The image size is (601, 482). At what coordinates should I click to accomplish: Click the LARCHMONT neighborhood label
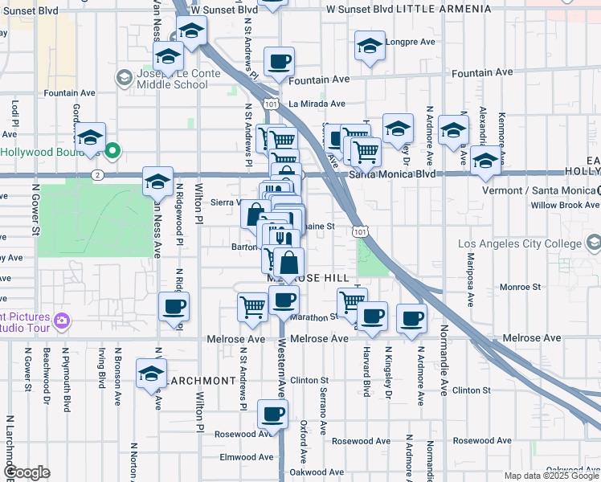[x=196, y=380]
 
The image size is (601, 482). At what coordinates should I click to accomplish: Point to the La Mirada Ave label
[x=317, y=104]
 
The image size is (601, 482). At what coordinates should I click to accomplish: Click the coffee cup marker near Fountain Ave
[x=279, y=62]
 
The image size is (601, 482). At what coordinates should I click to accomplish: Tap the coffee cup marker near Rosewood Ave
[x=272, y=415]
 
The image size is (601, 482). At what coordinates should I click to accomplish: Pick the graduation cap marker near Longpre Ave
[x=369, y=46]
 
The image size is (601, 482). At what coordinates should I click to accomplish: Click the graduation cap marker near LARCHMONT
[x=150, y=374]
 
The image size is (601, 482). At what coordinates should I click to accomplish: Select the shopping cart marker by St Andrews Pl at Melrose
[x=253, y=308]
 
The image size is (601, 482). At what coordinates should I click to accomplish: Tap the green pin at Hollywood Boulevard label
[x=113, y=149]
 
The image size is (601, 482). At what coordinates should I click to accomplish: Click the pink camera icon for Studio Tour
[x=62, y=321]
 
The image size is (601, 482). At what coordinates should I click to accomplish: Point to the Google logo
[x=27, y=473]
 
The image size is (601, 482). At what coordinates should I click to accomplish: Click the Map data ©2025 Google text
[x=550, y=476]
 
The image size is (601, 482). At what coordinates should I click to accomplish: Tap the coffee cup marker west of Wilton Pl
[x=174, y=306]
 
